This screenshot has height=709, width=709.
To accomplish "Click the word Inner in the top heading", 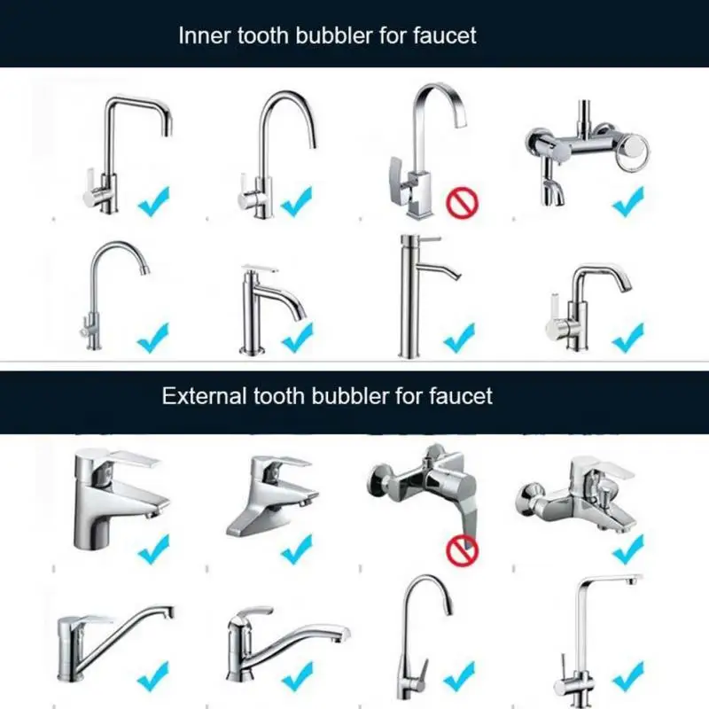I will [200, 35].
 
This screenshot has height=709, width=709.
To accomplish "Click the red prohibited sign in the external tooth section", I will [462, 550].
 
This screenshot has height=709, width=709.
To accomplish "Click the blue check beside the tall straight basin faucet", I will [459, 337].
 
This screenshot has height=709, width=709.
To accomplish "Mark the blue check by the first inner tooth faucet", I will [152, 202].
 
